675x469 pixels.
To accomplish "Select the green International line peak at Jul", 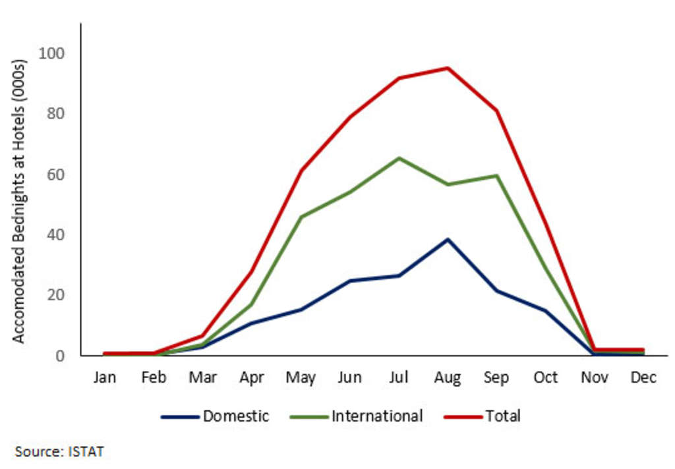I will [x=399, y=158].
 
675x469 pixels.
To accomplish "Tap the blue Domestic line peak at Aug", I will [x=448, y=239].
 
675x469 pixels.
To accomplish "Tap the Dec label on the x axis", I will [x=643, y=377].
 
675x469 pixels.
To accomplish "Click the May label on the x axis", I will [x=301, y=377].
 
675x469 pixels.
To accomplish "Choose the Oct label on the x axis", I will [x=545, y=377].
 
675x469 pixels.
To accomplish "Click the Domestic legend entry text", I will [x=236, y=416].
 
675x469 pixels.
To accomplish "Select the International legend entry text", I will [x=377, y=416].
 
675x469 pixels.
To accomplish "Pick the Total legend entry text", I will [x=503, y=416].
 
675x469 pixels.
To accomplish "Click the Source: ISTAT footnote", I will [x=59, y=451].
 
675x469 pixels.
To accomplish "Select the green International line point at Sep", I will [x=496, y=176].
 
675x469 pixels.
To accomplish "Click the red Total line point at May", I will [x=301, y=171].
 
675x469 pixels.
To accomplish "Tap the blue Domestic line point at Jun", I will [x=349, y=281].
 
